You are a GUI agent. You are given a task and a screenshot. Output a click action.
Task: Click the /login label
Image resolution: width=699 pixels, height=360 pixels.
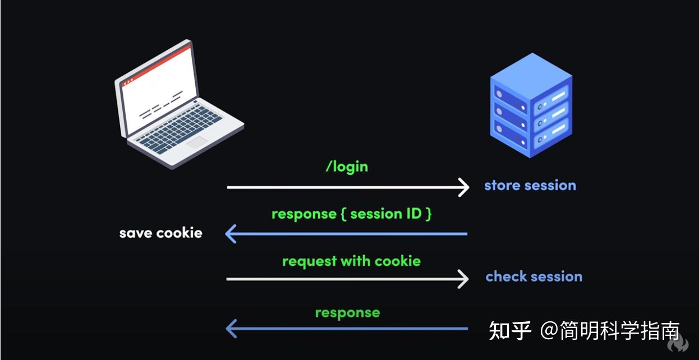[347, 167]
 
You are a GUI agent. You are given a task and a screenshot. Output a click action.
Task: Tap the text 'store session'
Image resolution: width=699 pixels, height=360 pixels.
[530, 186]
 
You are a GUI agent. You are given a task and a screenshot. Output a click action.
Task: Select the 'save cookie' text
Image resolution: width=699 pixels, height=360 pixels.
[160, 233]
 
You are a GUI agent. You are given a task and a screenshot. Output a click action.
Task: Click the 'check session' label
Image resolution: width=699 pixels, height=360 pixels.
[534, 276]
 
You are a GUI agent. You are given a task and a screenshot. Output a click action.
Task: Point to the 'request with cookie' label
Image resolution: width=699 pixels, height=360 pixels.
[351, 261]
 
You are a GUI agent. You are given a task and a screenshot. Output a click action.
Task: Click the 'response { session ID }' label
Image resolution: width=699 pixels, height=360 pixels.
[351, 214]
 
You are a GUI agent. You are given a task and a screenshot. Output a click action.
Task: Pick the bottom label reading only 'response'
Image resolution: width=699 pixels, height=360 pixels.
[347, 313]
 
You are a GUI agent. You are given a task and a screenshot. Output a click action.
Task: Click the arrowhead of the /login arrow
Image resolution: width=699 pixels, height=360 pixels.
[463, 187]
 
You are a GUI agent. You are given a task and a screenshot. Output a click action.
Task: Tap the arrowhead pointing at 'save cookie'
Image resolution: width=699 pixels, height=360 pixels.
[231, 233]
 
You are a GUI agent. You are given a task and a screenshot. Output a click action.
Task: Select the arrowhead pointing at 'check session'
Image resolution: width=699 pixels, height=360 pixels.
[463, 279]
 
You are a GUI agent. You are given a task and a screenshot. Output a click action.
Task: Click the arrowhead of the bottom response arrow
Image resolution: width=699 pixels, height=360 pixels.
[231, 329]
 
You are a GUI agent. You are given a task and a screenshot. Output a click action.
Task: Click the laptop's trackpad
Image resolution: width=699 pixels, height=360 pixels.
[196, 142]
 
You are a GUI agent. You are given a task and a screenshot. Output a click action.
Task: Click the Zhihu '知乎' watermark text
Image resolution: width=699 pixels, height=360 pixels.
[510, 330]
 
